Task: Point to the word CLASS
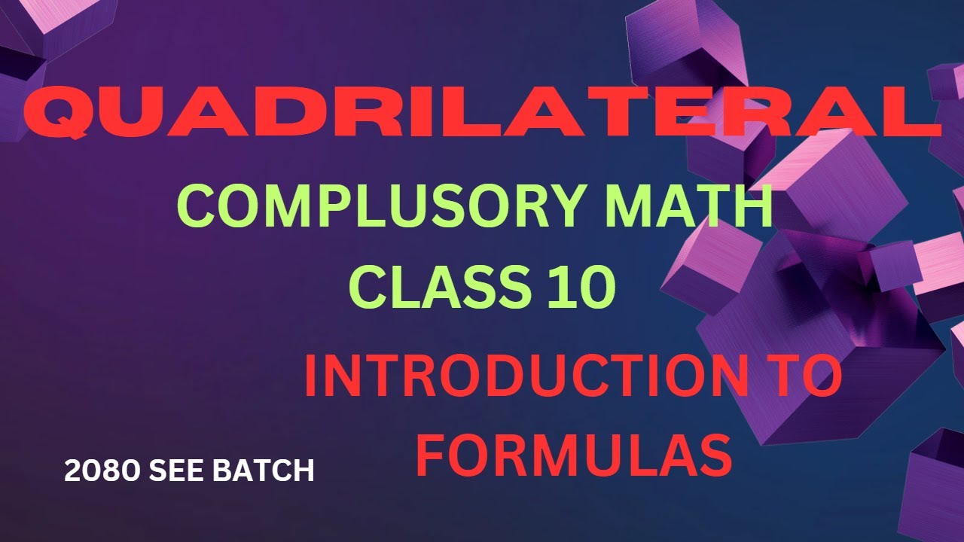click(437, 288)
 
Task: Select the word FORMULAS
click(574, 454)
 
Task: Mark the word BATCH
click(264, 471)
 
